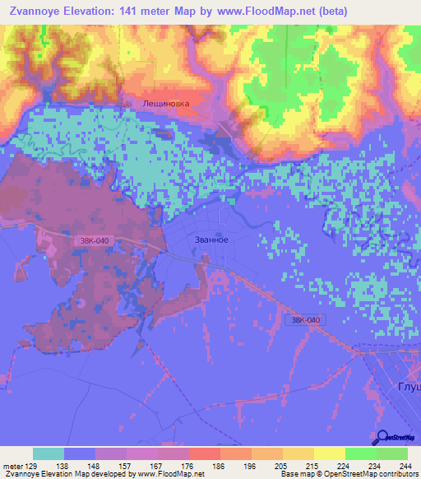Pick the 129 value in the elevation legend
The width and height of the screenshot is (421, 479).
tap(30, 465)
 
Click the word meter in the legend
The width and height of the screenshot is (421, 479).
tap(12, 465)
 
